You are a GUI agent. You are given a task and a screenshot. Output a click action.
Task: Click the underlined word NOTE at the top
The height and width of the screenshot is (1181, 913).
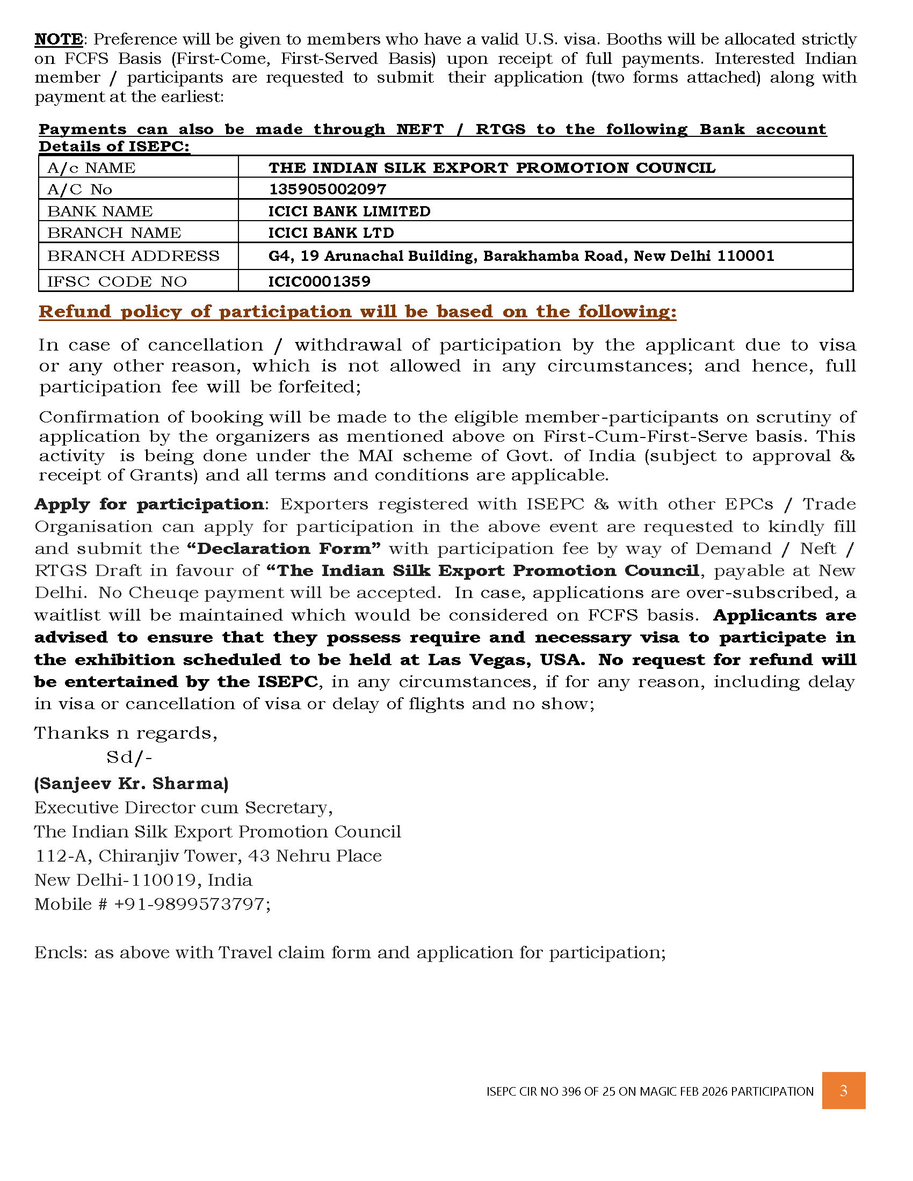[59, 40]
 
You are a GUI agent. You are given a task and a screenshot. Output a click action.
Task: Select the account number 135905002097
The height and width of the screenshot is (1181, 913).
[327, 189]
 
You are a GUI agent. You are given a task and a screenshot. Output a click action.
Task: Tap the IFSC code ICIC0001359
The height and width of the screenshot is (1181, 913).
[319, 281]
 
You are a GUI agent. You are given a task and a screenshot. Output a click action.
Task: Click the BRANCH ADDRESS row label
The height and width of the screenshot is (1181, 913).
[133, 256]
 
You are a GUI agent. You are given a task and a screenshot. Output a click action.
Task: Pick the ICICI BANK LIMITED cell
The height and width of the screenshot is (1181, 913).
[350, 211]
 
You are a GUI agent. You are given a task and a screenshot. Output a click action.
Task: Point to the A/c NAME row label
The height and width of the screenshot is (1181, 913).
[91, 167]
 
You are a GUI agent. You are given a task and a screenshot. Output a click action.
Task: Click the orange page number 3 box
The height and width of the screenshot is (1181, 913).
[843, 1091]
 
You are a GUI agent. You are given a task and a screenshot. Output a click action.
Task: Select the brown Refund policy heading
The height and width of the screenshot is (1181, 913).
[357, 311]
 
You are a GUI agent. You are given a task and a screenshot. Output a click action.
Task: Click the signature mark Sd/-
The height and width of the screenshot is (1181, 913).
[129, 757]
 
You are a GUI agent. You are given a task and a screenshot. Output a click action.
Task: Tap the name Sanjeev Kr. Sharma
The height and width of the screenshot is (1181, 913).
[131, 783]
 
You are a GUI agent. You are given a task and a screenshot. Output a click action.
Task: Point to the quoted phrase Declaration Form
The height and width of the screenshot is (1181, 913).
[284, 548]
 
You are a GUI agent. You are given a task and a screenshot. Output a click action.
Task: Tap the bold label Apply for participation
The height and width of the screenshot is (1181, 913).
[149, 504]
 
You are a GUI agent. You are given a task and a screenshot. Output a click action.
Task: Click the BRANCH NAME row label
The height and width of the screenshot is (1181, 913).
[113, 232]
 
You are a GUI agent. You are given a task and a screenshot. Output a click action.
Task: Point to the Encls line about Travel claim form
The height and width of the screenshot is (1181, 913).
[350, 952]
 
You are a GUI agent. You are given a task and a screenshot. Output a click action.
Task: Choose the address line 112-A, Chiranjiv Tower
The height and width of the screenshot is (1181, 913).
[208, 856]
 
